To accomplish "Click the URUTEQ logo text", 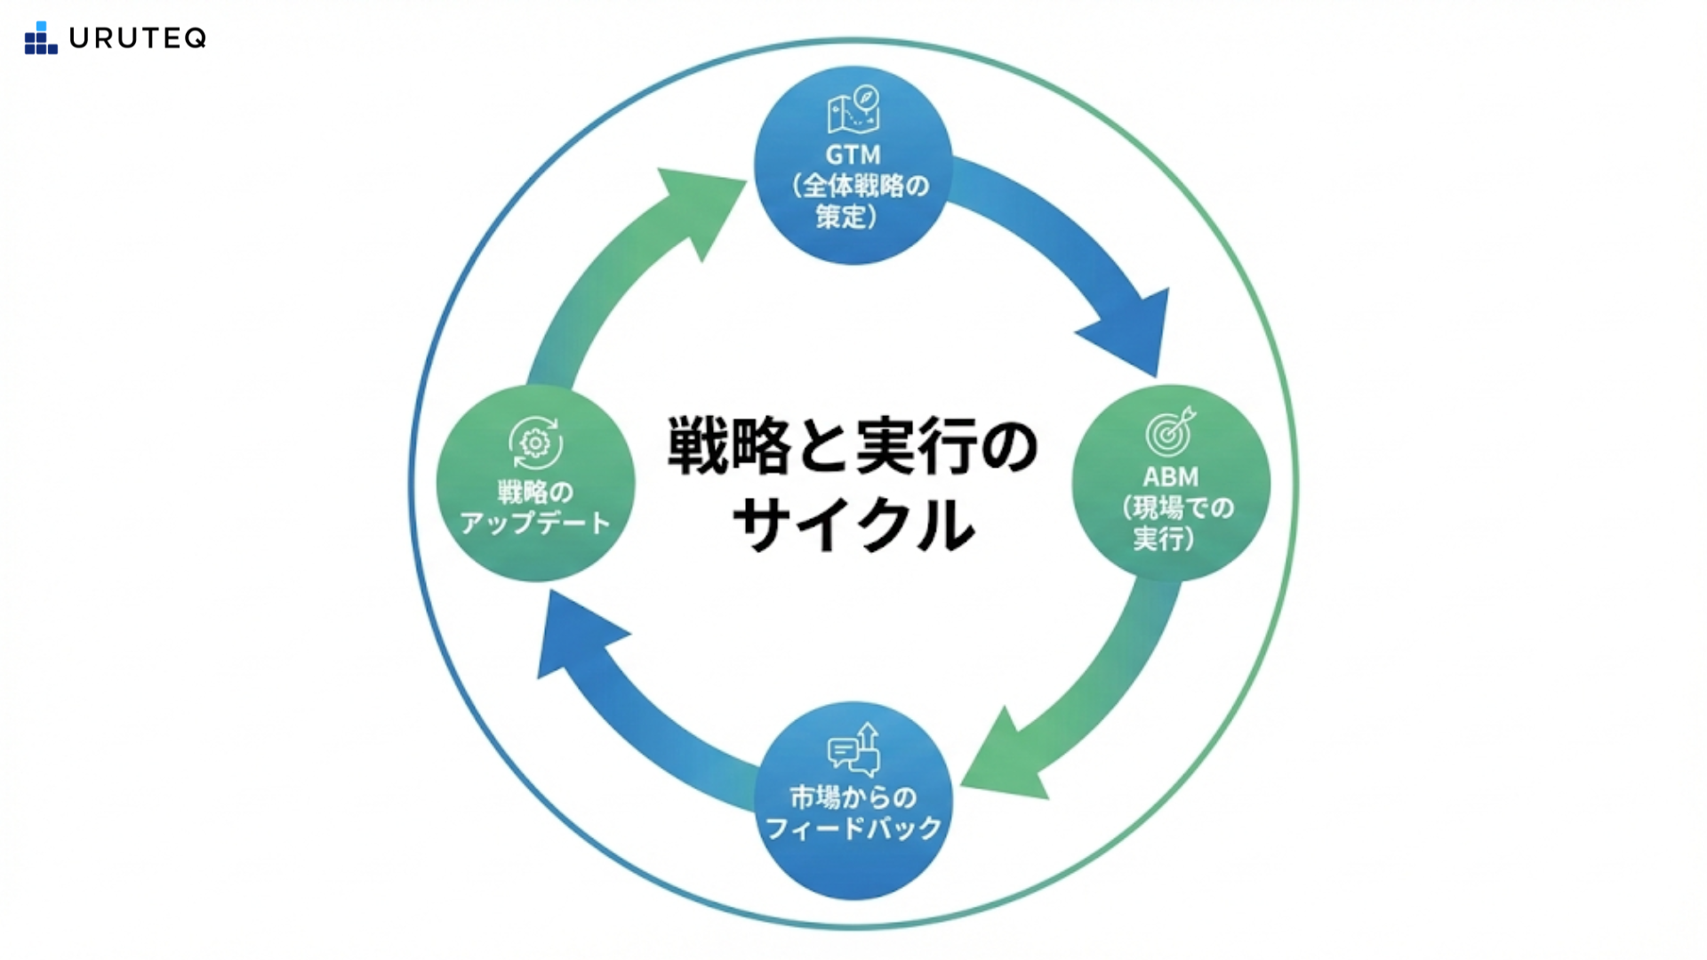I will tap(137, 38).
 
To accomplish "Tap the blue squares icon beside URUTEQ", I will tap(40, 38).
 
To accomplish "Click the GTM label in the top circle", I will tap(853, 156).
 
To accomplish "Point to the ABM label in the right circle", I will tap(1170, 477).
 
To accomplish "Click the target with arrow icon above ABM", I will tap(1170, 431).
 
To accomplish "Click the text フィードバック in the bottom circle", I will tap(853, 828).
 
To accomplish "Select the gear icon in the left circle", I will tap(535, 443).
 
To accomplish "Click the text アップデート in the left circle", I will tap(535, 523).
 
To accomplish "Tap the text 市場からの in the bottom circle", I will tap(853, 797).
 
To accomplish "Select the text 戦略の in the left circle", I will tap(535, 492).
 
